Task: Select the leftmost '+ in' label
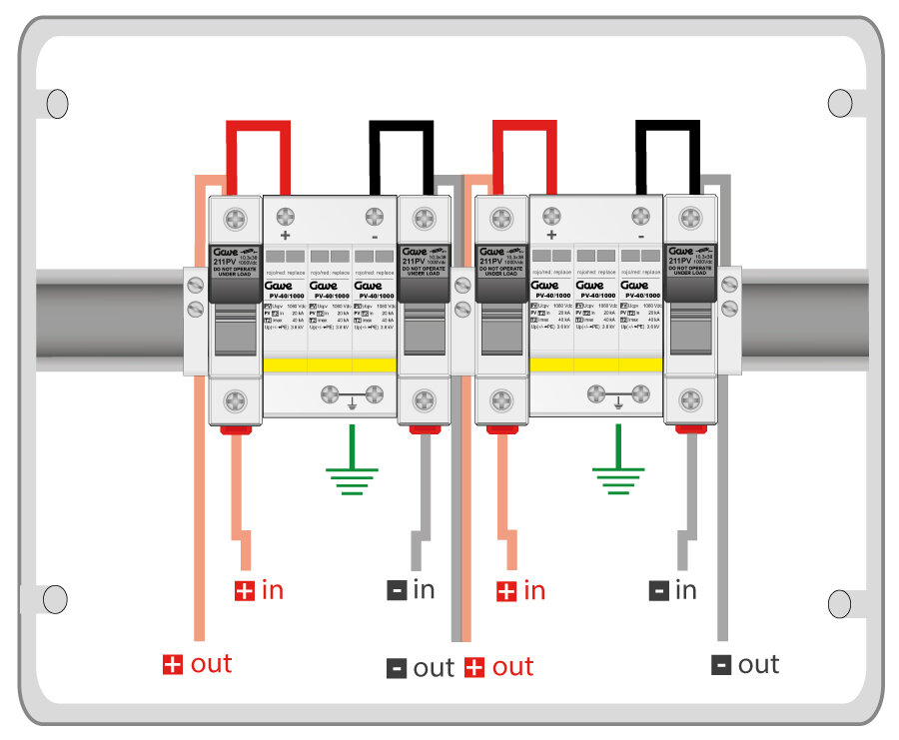pyautogui.click(x=259, y=590)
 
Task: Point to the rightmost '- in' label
pyautogui.click(x=672, y=590)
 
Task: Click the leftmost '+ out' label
pyautogui.click(x=197, y=664)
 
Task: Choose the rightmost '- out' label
pyautogui.click(x=744, y=664)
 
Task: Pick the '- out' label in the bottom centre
pyautogui.click(x=420, y=667)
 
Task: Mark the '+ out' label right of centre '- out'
pyautogui.click(x=498, y=667)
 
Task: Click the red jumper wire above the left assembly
pyautogui.click(x=259, y=127)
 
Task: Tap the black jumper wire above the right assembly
pyautogui.click(x=668, y=127)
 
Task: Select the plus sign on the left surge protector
pyautogui.click(x=285, y=236)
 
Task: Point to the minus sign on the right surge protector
pyautogui.click(x=640, y=236)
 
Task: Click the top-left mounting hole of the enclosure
pyautogui.click(x=57, y=102)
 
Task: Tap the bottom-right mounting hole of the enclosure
pyautogui.click(x=840, y=602)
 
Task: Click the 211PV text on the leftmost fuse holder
pyautogui.click(x=224, y=263)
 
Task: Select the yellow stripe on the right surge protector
pyautogui.click(x=595, y=365)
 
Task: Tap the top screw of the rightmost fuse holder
pyautogui.click(x=690, y=217)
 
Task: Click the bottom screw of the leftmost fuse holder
pyautogui.click(x=235, y=401)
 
